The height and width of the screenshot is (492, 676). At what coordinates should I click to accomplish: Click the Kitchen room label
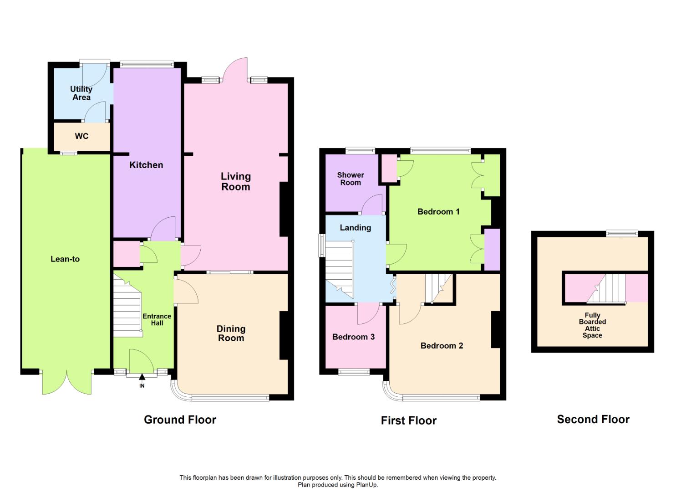[x=146, y=165]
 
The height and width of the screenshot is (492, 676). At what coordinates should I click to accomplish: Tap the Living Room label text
[x=236, y=181]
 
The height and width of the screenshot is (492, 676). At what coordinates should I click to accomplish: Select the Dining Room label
[x=231, y=333]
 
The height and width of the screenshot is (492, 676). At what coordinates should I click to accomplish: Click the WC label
[x=81, y=136]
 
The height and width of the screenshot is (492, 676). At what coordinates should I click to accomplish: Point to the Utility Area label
[x=81, y=93]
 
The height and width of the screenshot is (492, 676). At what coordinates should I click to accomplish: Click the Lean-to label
[x=65, y=259]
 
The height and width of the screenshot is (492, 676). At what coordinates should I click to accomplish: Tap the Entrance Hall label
[x=157, y=319]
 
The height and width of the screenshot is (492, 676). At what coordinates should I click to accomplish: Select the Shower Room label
[x=351, y=179]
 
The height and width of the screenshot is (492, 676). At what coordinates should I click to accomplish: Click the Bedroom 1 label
[x=438, y=211]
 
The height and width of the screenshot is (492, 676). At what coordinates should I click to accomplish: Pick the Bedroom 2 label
[x=442, y=346]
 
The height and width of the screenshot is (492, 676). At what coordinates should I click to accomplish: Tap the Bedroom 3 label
[x=353, y=337]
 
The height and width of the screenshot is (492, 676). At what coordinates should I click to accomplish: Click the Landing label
[x=355, y=228]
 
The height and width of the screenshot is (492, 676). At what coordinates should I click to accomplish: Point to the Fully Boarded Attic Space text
[x=592, y=325]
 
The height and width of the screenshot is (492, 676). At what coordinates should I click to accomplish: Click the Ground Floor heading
[x=180, y=420]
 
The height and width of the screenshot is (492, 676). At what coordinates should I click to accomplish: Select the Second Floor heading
[x=593, y=419]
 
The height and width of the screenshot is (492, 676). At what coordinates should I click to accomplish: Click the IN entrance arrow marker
[x=142, y=377]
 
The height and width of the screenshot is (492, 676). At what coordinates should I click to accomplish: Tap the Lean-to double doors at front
[x=67, y=383]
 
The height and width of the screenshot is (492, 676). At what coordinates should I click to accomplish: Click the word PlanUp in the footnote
[x=367, y=485]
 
